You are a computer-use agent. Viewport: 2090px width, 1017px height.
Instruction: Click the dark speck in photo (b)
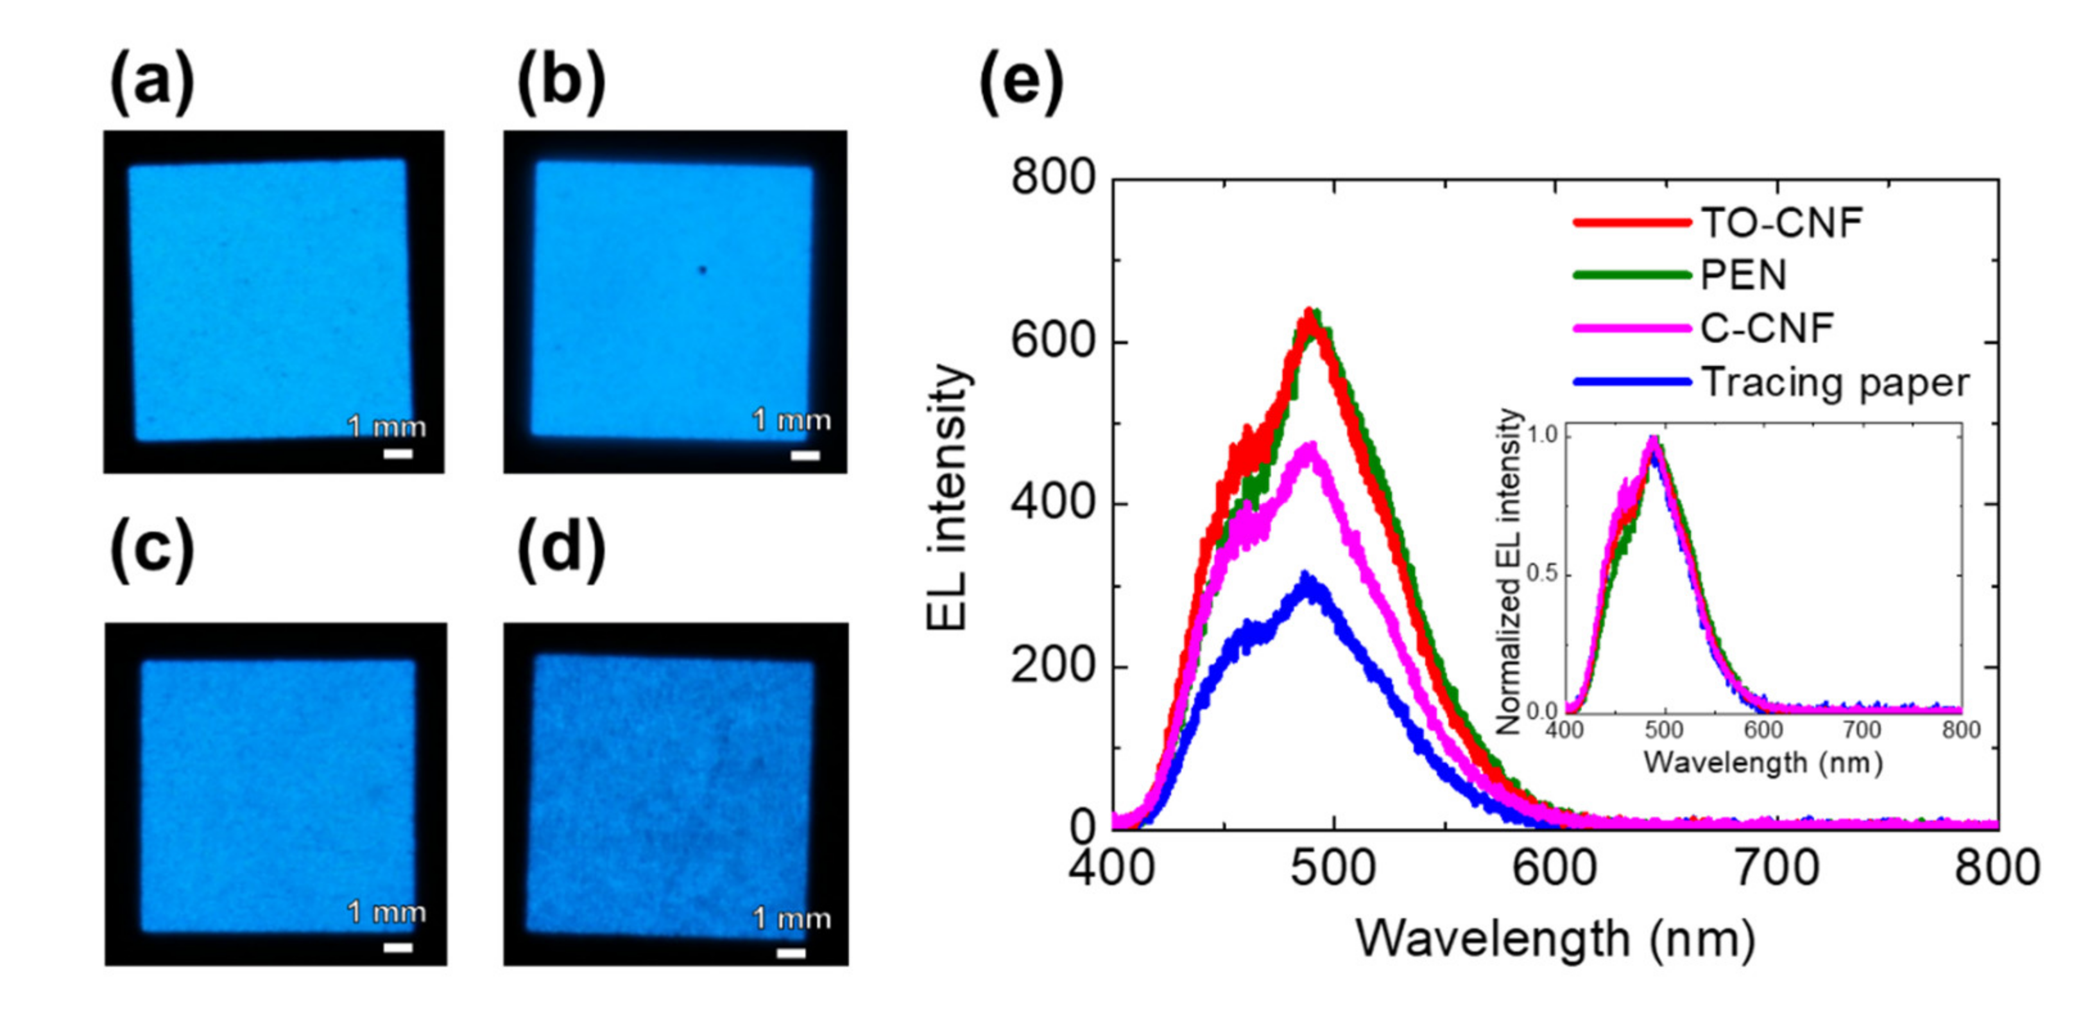(703, 270)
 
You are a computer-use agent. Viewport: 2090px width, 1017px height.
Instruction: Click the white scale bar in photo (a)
(398, 453)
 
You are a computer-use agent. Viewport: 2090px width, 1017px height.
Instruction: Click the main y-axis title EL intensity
(947, 497)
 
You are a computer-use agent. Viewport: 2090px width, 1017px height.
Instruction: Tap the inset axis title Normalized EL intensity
(1507, 571)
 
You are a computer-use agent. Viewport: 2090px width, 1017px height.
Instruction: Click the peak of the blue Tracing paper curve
(1305, 577)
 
